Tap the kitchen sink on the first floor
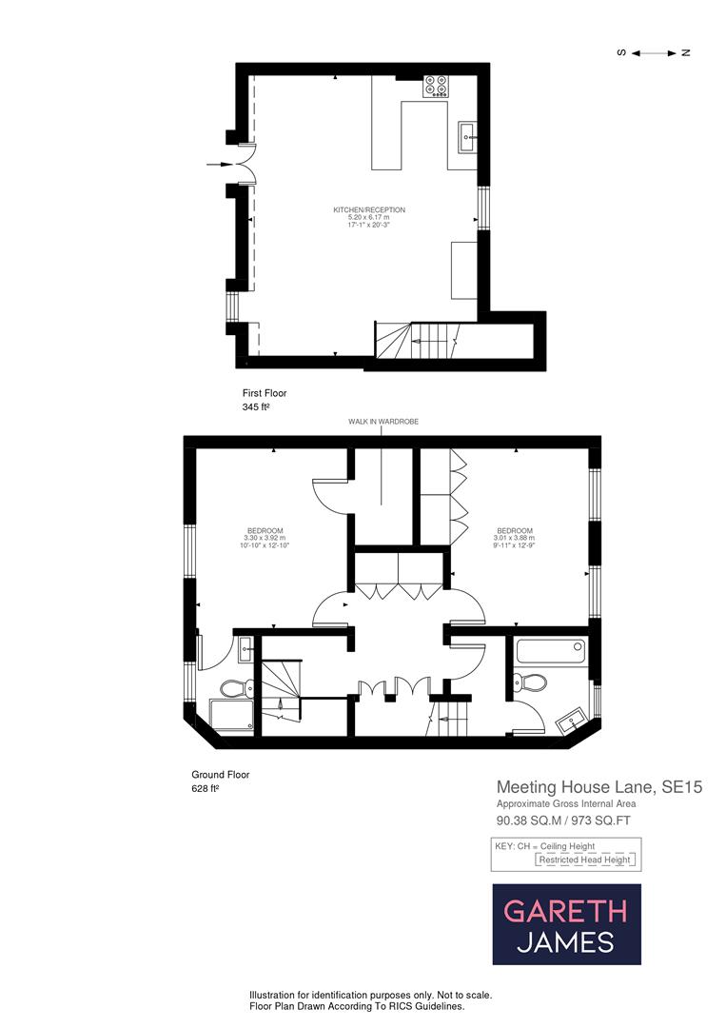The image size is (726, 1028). (467, 137)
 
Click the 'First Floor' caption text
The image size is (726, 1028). (265, 392)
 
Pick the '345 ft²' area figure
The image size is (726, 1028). (257, 406)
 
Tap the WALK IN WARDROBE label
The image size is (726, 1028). (382, 421)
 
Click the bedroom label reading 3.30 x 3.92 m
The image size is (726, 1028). (265, 538)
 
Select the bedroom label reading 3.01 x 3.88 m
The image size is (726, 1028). (514, 538)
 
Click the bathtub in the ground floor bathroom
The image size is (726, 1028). (550, 652)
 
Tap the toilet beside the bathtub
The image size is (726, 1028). (529, 682)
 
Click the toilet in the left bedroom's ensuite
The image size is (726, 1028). (234, 687)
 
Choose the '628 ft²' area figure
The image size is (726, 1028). (206, 789)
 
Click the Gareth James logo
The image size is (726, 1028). (566, 924)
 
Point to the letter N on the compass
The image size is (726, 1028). (684, 52)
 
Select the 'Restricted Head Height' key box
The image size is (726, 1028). (585, 860)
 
